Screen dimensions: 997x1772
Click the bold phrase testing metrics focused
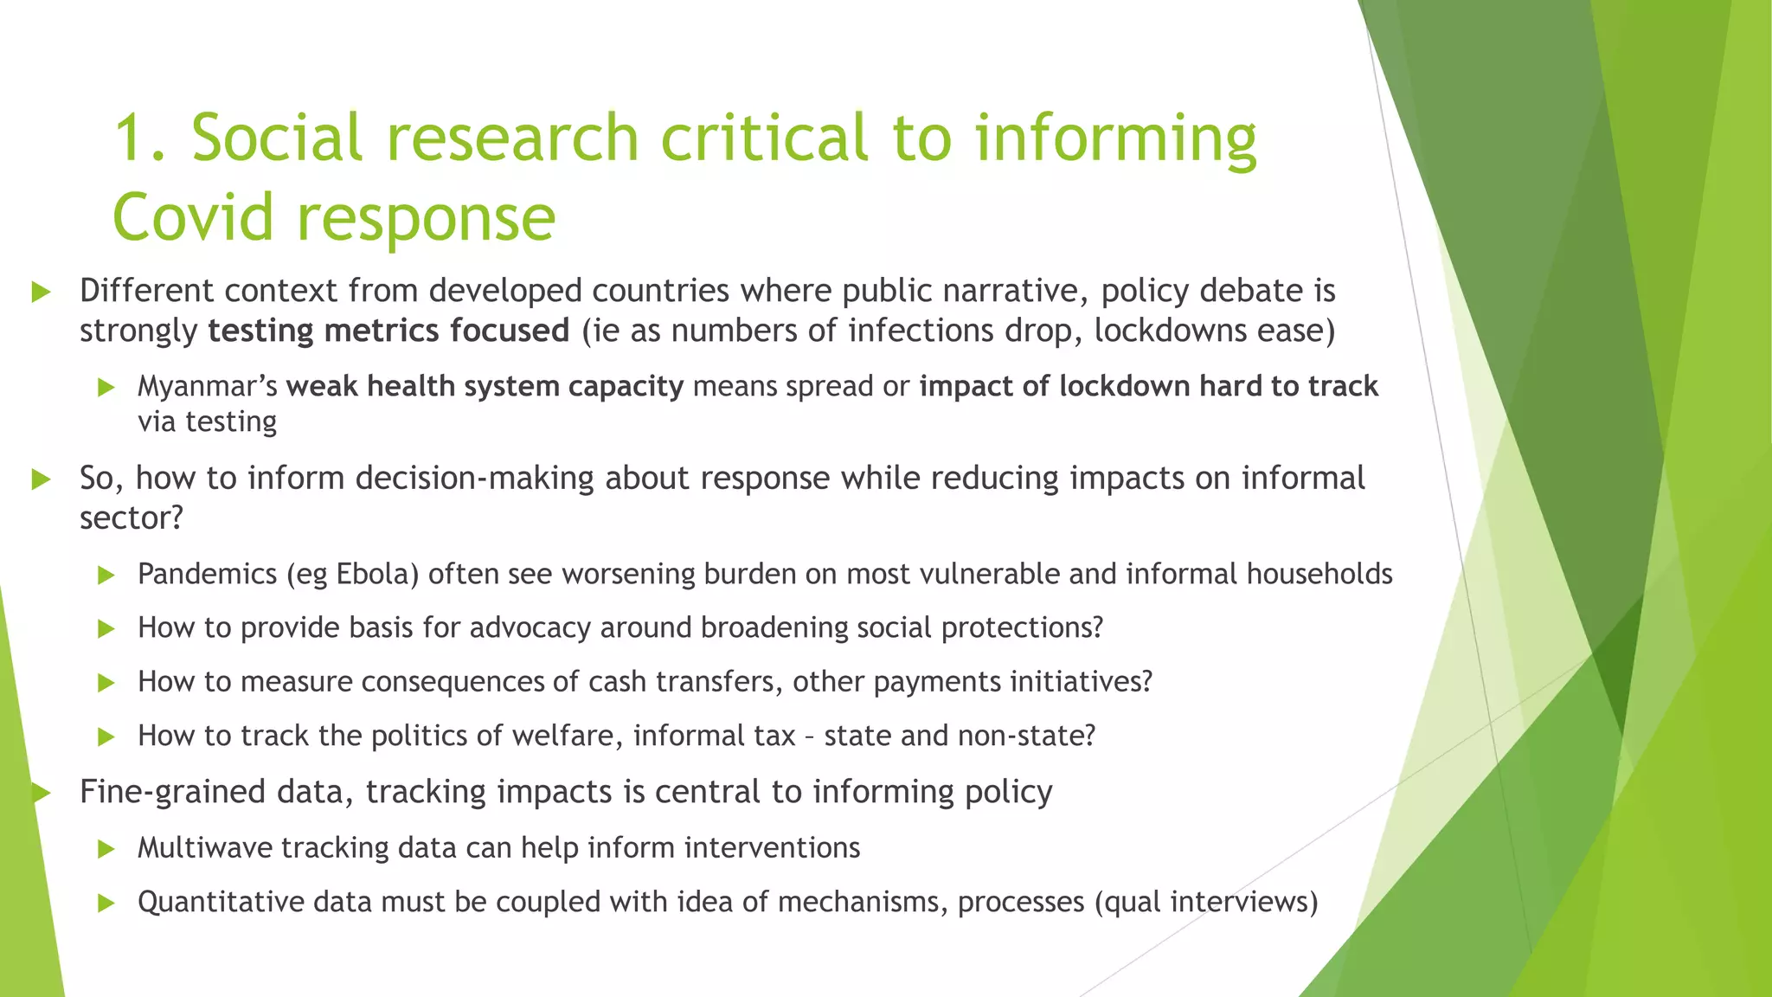388,331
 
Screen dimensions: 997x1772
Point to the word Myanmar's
208,386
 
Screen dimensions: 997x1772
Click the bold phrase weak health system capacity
485,386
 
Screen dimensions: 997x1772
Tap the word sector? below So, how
132,518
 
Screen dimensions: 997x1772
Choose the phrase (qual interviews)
1206,902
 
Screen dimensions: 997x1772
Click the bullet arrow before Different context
41,292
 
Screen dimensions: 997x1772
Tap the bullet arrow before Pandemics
106,575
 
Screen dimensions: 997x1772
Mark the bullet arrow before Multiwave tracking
106,848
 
